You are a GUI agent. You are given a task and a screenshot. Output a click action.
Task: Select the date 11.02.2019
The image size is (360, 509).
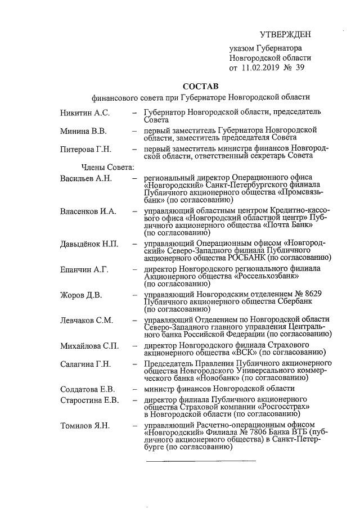point(262,68)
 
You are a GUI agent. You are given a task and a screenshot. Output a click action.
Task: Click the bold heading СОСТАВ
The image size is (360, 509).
point(201,86)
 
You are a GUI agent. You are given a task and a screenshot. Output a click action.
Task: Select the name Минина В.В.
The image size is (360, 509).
point(83,131)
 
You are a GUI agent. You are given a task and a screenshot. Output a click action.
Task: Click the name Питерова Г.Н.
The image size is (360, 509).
point(86,149)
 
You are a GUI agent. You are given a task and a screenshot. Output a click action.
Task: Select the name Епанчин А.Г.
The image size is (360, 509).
point(84,269)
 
